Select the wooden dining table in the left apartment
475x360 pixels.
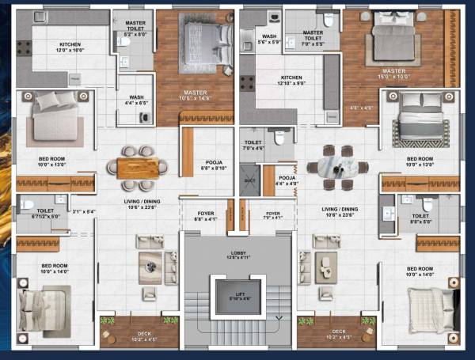[x=139, y=167]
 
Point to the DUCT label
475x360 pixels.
[x=249, y=181]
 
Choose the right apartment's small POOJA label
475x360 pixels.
[x=287, y=181]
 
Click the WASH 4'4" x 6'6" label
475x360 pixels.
[x=136, y=100]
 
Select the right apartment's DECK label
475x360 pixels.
[x=338, y=334]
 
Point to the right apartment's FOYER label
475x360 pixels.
[x=273, y=215]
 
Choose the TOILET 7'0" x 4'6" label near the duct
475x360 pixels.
[x=254, y=144]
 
